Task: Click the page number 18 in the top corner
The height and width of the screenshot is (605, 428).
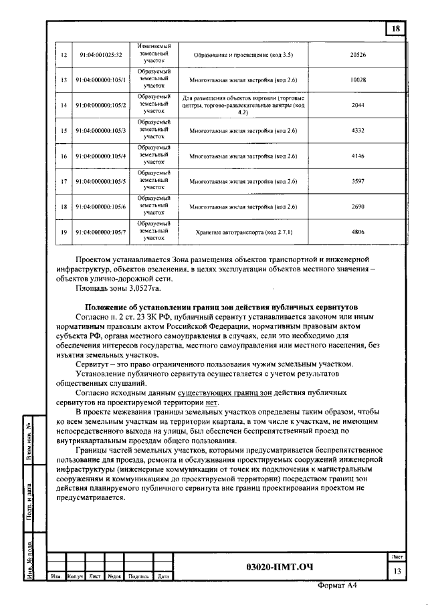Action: click(x=396, y=29)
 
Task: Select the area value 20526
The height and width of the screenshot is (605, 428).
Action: click(x=358, y=53)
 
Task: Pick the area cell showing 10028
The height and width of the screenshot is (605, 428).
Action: click(x=358, y=80)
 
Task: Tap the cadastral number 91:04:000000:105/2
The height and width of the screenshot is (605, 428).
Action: click(x=101, y=106)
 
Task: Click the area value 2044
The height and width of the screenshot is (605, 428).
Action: click(x=358, y=106)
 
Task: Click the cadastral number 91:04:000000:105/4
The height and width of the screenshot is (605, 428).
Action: click(x=101, y=156)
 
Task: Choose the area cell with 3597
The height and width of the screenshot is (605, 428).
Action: click(x=358, y=181)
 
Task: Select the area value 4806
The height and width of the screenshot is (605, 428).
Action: click(x=358, y=232)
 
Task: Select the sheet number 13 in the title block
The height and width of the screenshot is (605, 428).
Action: click(x=397, y=570)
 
